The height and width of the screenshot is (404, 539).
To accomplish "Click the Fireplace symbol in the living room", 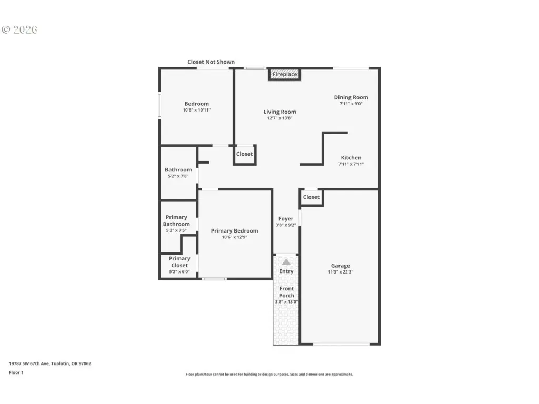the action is click(x=285, y=74).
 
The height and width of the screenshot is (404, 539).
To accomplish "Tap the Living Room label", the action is click(x=280, y=112).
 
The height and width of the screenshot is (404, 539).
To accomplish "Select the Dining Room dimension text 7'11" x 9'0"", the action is click(x=351, y=104).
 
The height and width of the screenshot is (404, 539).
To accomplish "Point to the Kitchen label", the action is click(x=351, y=158).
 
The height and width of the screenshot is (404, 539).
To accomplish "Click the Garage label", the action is click(x=341, y=266).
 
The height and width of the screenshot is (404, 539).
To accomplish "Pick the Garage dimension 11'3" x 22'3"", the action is click(x=341, y=272).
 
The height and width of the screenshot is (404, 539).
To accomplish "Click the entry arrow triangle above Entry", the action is click(x=286, y=262).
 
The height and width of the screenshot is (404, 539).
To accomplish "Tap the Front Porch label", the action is click(x=286, y=292).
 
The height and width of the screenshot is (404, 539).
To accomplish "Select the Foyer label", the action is click(x=286, y=218).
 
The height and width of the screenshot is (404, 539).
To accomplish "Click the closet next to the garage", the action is click(x=311, y=197).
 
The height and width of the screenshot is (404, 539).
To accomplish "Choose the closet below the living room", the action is click(x=244, y=154).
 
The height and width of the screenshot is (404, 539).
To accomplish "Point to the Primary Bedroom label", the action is click(x=234, y=231).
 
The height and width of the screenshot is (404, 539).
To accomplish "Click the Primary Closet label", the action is click(x=179, y=262).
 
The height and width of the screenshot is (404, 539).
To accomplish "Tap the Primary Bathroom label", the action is click(x=176, y=220).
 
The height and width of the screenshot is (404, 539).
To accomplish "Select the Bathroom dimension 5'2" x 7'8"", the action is click(x=178, y=176).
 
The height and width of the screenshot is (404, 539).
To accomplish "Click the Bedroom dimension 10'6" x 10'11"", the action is click(x=197, y=110).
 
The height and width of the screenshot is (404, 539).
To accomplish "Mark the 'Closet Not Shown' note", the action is click(x=211, y=62).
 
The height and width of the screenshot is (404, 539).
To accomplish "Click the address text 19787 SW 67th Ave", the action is click(x=29, y=363).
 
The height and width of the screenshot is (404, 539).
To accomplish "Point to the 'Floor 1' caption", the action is click(x=16, y=372).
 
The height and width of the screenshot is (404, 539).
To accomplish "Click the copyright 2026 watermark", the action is click(x=19, y=29).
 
